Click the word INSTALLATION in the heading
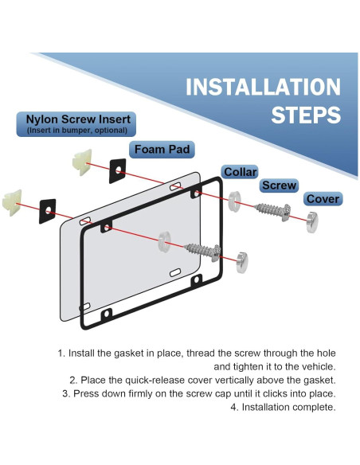tap(263, 87)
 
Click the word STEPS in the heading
tap(306, 115)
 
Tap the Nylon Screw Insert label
tap(76, 124)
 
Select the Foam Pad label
tap(162, 149)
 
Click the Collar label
tap(240, 172)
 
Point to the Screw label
tap(279, 186)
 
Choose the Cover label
tap(323, 199)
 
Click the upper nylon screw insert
tap(82, 162)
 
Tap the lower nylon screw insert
tap(12, 202)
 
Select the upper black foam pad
tap(117, 171)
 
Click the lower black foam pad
tap(48, 211)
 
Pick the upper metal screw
tap(273, 212)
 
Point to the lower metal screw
tap(203, 252)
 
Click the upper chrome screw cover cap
tap(312, 222)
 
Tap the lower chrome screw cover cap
tap(242, 263)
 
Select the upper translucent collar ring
tap(235, 201)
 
